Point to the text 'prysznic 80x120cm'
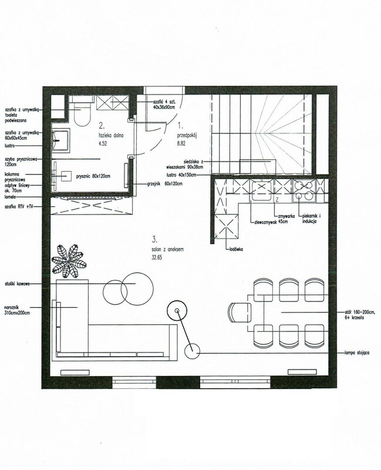(97, 174)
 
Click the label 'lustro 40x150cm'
(184, 174)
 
